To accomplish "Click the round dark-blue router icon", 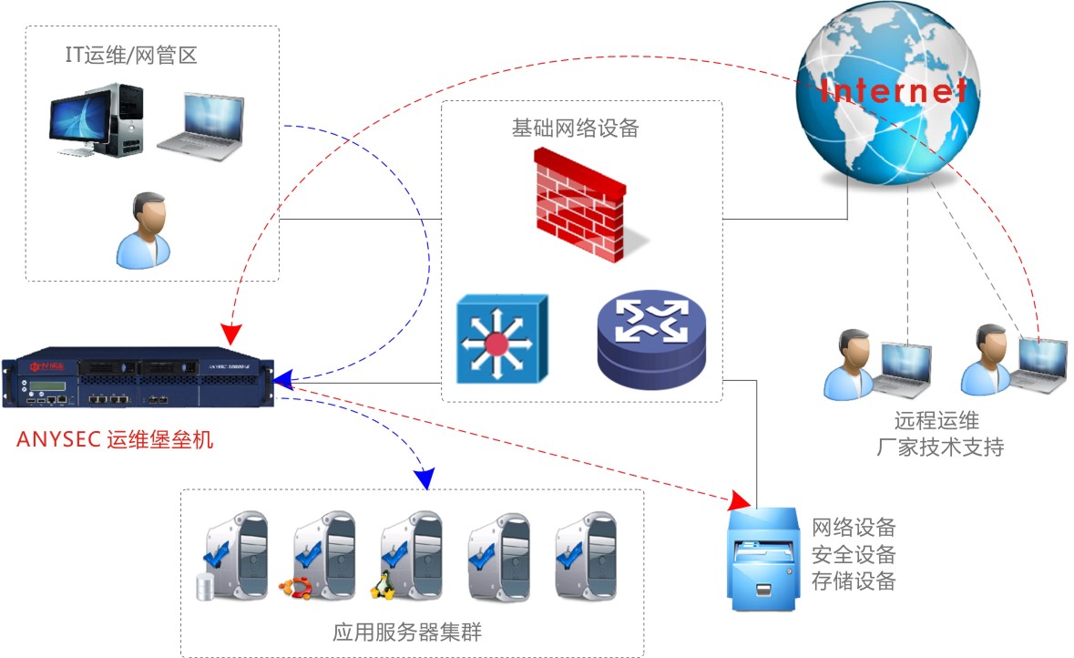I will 652,343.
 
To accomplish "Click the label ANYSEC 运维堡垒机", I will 115,440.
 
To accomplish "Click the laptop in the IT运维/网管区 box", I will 201,127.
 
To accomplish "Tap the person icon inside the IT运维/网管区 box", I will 144,230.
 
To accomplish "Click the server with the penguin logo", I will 409,555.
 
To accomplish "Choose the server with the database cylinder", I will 232,555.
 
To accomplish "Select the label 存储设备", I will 854,581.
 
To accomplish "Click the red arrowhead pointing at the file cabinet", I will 743,500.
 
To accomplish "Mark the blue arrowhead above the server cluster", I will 424,478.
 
